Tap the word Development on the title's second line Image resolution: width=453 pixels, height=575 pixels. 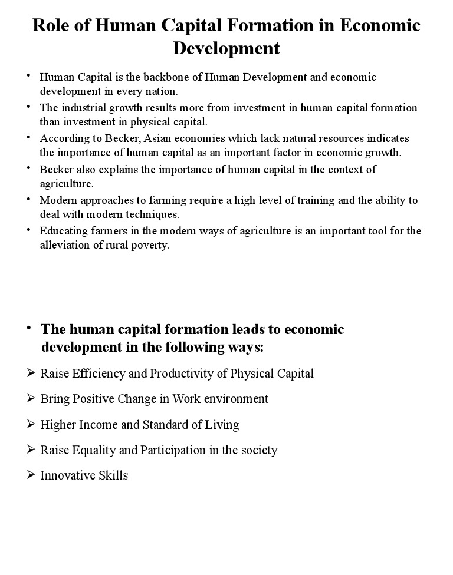click(226, 48)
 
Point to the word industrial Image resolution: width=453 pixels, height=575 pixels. click(82, 108)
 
